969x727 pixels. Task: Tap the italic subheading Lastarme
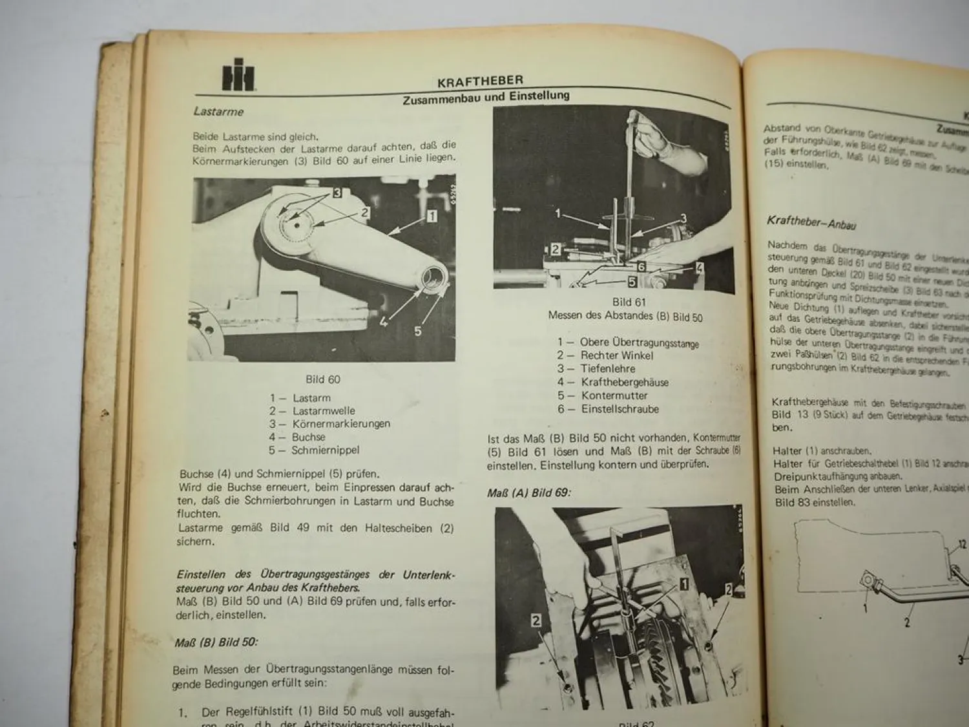(218, 112)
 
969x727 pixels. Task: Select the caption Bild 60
(323, 379)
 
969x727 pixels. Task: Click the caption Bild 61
(629, 302)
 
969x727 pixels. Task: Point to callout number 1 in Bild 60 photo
(431, 216)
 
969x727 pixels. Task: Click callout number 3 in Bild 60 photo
(337, 192)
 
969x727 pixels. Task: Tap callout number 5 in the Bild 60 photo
(417, 331)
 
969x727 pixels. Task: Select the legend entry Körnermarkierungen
(340, 424)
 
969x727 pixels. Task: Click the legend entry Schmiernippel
(325, 450)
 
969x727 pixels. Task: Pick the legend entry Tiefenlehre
(607, 369)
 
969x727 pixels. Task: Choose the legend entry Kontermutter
(614, 395)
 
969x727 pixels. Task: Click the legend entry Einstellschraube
(620, 409)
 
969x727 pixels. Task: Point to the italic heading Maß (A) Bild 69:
(529, 492)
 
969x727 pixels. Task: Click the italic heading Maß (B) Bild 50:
(216, 642)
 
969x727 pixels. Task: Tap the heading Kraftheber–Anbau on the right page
(811, 223)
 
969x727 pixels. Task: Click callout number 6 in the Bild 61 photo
(641, 266)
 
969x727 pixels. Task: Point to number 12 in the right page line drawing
(961, 545)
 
